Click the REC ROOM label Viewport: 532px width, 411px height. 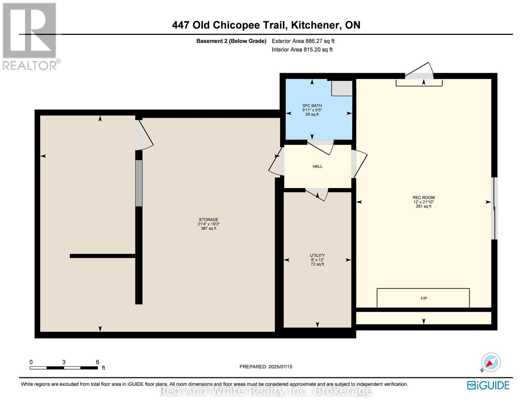(x=423, y=198)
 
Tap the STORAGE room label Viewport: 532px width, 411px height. (x=208, y=220)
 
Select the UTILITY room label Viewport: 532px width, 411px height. (x=317, y=256)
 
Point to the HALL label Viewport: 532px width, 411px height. (x=317, y=166)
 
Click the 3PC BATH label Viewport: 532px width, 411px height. (x=312, y=106)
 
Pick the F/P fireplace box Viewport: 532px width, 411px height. (x=423, y=298)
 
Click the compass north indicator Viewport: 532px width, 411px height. (x=491, y=362)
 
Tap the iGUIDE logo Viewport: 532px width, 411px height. (x=488, y=385)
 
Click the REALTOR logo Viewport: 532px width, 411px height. (x=30, y=36)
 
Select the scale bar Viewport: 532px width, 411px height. (x=64, y=368)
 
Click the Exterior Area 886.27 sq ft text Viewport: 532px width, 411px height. (x=303, y=41)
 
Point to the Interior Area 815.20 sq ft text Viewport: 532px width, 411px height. (x=302, y=50)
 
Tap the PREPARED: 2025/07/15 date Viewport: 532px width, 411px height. (x=266, y=367)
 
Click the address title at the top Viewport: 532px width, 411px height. (x=266, y=25)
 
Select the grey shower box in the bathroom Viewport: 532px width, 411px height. (x=342, y=88)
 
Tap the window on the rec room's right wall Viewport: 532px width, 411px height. (x=494, y=208)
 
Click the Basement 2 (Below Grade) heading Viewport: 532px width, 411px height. (x=231, y=41)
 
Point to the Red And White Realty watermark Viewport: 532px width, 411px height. (x=266, y=391)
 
